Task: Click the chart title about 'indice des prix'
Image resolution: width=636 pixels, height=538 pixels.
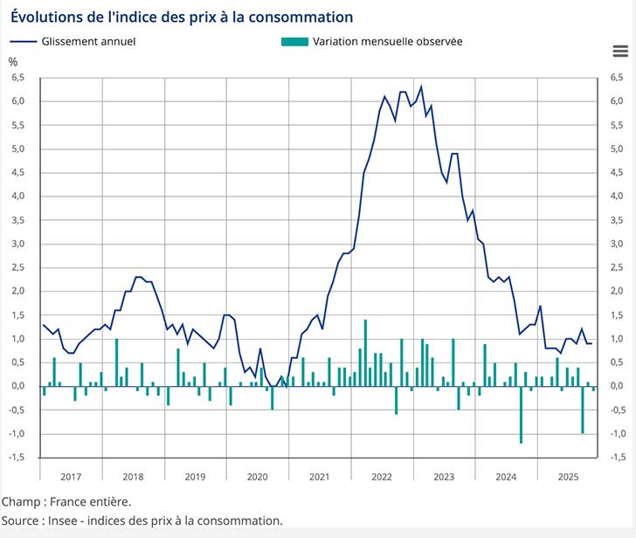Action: coord(182,17)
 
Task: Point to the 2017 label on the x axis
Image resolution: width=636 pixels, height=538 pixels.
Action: coord(71,477)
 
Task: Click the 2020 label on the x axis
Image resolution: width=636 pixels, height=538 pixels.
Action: coord(257,477)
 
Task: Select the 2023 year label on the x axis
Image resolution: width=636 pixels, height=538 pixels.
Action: coord(444,477)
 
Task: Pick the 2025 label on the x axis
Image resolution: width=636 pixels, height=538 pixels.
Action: coord(568,477)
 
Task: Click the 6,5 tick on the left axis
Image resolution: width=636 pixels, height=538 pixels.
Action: coord(17,78)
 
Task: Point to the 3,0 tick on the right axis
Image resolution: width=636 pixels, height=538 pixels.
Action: coord(618,244)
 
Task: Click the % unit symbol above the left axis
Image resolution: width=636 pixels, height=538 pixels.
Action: coord(12,61)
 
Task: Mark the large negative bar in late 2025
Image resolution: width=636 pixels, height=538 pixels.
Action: coord(583,409)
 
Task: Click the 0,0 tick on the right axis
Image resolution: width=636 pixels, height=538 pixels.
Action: coord(618,386)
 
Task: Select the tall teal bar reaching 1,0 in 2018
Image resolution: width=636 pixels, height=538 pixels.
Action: coord(116,362)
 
